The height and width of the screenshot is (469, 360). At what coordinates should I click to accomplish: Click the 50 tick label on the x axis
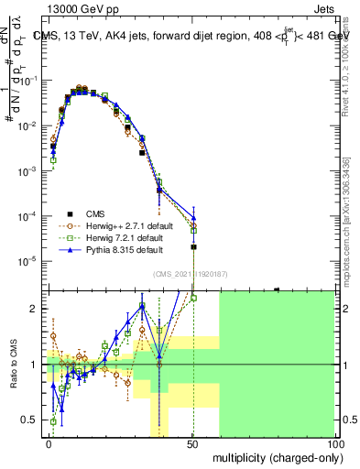[192, 442]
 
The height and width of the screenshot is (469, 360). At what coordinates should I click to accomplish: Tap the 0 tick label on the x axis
[49, 442]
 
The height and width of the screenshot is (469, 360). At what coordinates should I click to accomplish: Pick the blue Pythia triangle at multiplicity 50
[193, 217]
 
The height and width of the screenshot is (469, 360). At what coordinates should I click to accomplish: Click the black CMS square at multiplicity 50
[193, 247]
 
